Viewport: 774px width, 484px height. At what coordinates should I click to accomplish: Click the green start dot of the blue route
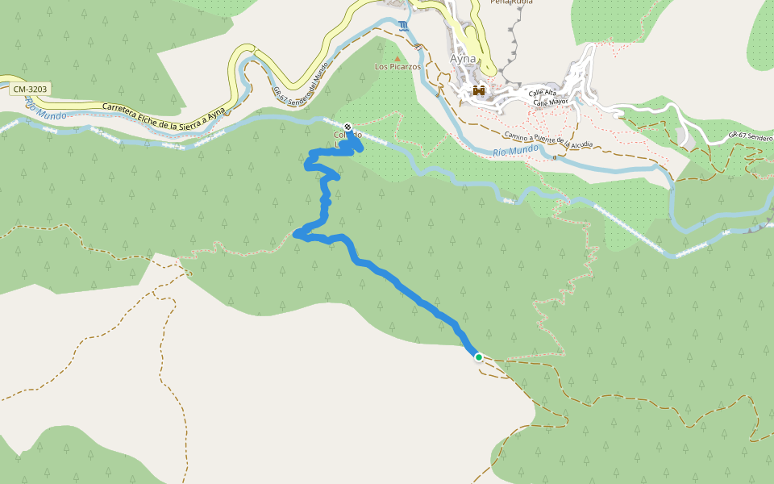point(479,357)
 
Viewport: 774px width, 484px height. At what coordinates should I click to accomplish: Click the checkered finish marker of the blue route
point(347,127)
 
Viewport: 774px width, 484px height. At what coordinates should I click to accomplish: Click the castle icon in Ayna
point(478,90)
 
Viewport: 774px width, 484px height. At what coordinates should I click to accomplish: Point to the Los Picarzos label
point(397,67)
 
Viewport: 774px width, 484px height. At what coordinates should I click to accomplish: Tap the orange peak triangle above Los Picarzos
point(397,57)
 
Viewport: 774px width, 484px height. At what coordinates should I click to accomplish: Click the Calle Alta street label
point(543,94)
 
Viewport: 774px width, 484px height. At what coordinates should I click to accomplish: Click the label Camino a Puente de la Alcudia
point(547,140)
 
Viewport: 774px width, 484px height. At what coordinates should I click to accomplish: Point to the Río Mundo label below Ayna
point(514,151)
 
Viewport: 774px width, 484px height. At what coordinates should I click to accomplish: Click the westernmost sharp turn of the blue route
point(298,234)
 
